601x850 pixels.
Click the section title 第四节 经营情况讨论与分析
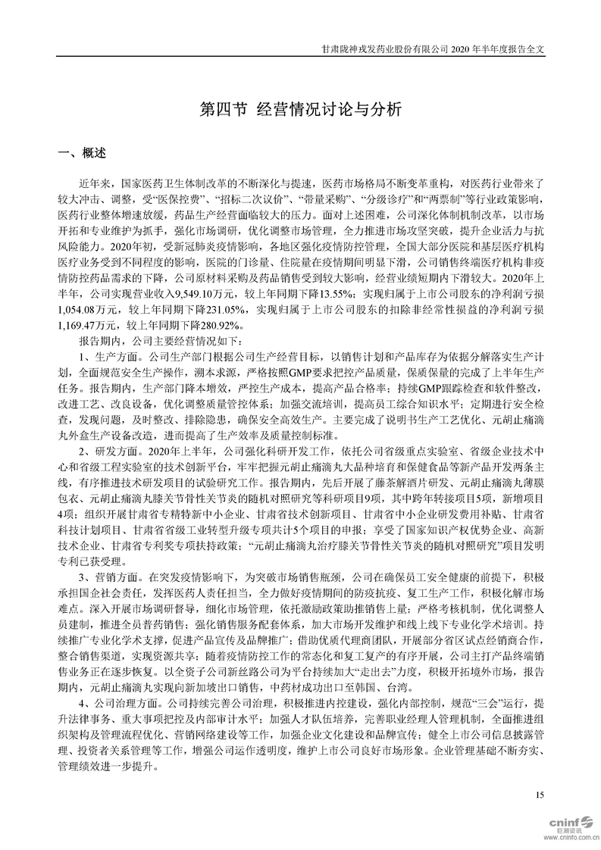click(299, 108)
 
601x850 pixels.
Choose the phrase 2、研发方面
click(110, 454)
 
